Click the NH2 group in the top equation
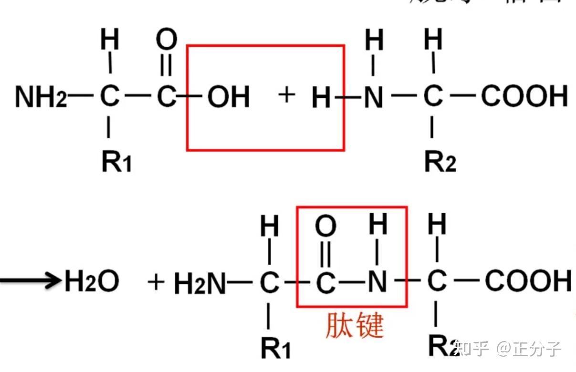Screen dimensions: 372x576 pyautogui.click(x=41, y=97)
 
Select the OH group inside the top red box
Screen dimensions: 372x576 pyautogui.click(x=229, y=97)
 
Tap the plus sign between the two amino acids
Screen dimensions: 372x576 pyautogui.click(x=286, y=95)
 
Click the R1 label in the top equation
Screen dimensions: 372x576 pyautogui.click(x=116, y=162)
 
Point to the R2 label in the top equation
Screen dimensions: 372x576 pyautogui.click(x=440, y=162)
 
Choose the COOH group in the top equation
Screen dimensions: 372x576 pyautogui.click(x=524, y=96)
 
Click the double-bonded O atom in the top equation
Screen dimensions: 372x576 pyautogui.click(x=167, y=41)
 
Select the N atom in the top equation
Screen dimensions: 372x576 pyautogui.click(x=374, y=97)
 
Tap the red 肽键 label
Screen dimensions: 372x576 pyautogui.click(x=355, y=327)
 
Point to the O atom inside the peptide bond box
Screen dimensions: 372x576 pyautogui.click(x=326, y=227)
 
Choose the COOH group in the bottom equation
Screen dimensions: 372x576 pyautogui.click(x=528, y=281)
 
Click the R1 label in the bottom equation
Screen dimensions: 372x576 pyautogui.click(x=275, y=348)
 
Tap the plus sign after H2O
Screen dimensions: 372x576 pyautogui.click(x=156, y=282)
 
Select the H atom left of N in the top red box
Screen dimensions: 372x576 pyautogui.click(x=321, y=98)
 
